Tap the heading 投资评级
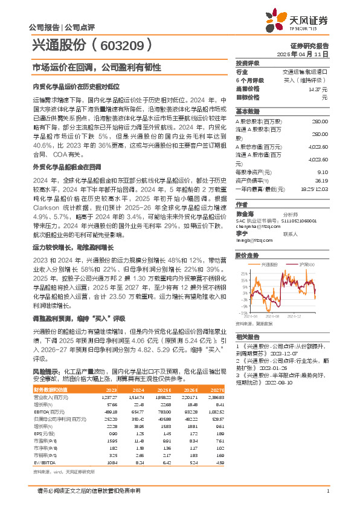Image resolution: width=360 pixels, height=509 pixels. tap(248, 63)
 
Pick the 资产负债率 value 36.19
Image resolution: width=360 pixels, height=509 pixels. tap(321, 180)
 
